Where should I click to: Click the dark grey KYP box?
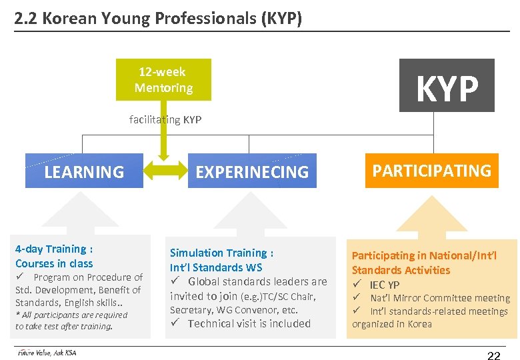click(447, 85)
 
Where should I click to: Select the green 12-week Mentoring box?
click(163, 80)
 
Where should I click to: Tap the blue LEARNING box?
click(84, 171)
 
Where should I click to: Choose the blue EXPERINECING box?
click(252, 171)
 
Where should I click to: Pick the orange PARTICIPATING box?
click(431, 171)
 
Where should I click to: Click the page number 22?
click(493, 356)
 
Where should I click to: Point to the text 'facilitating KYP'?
click(165, 120)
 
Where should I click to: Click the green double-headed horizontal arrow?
click(164, 170)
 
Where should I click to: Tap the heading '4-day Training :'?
click(54, 249)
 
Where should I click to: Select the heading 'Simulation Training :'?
click(221, 253)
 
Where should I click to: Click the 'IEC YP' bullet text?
click(385, 285)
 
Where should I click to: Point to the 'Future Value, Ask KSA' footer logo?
click(47, 353)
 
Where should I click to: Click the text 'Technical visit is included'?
click(249, 323)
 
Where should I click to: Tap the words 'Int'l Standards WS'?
click(216, 267)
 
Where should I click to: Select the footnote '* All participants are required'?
click(71, 315)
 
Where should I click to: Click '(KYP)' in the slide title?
click(280, 18)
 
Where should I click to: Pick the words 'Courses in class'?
click(54, 263)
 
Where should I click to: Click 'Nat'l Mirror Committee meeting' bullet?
click(440, 298)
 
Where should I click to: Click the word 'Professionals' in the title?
click(193, 18)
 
